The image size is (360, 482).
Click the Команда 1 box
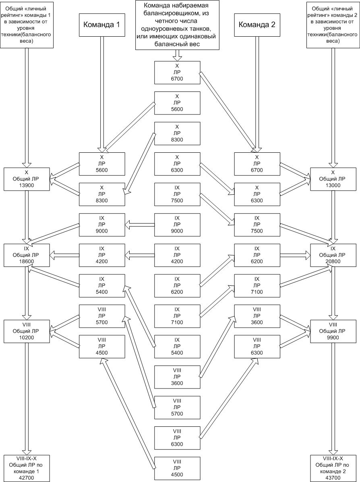101,24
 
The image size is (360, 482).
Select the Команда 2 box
257,24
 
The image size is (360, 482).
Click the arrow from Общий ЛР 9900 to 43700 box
332,399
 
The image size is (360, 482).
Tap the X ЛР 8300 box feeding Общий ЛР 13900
101,194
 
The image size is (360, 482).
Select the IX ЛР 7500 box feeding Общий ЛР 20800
257,224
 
